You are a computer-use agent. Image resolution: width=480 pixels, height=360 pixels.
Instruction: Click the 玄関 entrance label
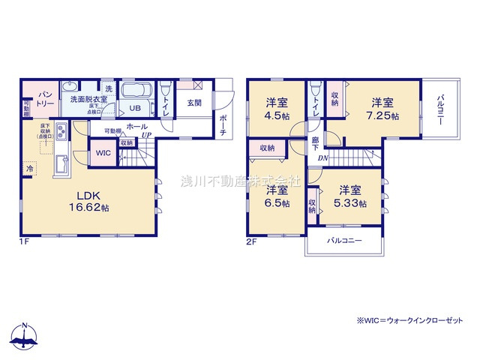194,103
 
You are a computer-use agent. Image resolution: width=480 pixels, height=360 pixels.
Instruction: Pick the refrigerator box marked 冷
30,168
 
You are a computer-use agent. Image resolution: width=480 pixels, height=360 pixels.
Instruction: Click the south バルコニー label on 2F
345,241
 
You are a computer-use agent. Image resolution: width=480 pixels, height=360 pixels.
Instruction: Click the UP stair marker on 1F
147,136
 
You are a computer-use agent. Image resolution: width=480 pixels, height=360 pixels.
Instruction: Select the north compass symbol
25,337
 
